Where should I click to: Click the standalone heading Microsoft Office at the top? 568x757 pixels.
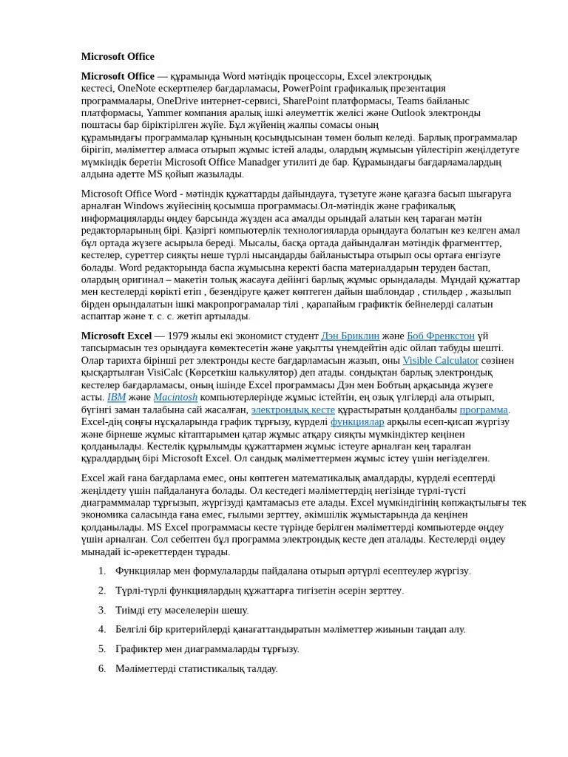pyautogui.click(x=118, y=56)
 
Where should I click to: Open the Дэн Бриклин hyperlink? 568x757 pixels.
pyautogui.click(x=350, y=336)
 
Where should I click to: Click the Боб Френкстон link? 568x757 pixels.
pyautogui.click(x=440, y=336)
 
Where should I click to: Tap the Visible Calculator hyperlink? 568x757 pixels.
pyautogui.click(x=440, y=360)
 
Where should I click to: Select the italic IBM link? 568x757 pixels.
pyautogui.click(x=116, y=397)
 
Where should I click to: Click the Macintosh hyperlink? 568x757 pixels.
pyautogui.click(x=175, y=397)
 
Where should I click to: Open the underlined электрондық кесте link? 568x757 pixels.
pyautogui.click(x=293, y=410)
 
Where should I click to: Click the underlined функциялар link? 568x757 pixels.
pyautogui.click(x=357, y=421)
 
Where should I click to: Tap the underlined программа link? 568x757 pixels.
pyautogui.click(x=484, y=410)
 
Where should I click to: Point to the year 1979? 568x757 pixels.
pyautogui.click(x=180, y=336)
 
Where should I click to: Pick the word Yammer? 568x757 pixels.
pyautogui.click(x=163, y=113)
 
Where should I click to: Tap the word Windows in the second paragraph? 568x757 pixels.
pyautogui.click(x=143, y=206)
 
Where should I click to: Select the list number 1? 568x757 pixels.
pyautogui.click(x=101, y=571)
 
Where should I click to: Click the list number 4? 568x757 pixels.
pyautogui.click(x=101, y=629)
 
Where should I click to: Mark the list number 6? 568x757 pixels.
pyautogui.click(x=101, y=668)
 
